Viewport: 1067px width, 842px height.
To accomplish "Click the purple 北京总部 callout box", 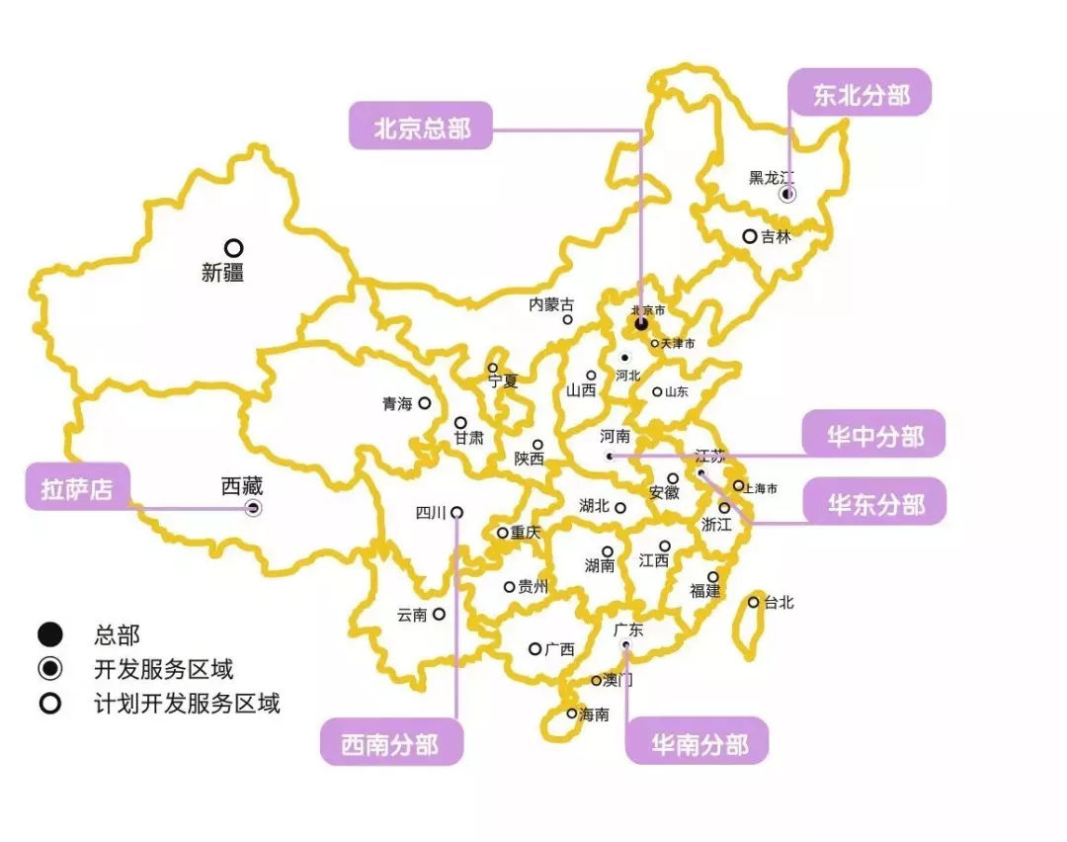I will (x=420, y=126).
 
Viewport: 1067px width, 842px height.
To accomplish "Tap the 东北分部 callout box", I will (x=861, y=93).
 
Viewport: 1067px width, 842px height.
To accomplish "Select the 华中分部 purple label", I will (x=874, y=435).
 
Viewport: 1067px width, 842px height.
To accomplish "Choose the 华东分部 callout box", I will (x=874, y=503).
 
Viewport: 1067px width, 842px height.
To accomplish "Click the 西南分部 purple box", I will (x=390, y=742).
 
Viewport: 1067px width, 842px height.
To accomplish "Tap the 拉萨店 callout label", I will (x=77, y=487).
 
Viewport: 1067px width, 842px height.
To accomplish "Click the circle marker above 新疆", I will (x=233, y=248).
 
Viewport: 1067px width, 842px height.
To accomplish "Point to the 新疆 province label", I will (x=222, y=273).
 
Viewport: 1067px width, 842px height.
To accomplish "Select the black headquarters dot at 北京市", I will (x=641, y=323).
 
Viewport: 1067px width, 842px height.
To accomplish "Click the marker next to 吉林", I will (x=750, y=236).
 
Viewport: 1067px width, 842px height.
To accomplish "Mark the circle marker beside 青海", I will (x=425, y=403).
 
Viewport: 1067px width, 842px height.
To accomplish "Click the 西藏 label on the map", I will (x=242, y=486).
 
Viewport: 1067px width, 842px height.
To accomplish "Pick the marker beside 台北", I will (x=754, y=602).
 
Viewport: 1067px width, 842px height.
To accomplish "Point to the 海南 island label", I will (x=594, y=714).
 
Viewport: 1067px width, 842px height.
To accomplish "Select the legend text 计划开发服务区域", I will (x=187, y=703).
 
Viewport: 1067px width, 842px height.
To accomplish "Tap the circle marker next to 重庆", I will (x=503, y=533).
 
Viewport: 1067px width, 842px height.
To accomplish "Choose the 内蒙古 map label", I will (x=551, y=304).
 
